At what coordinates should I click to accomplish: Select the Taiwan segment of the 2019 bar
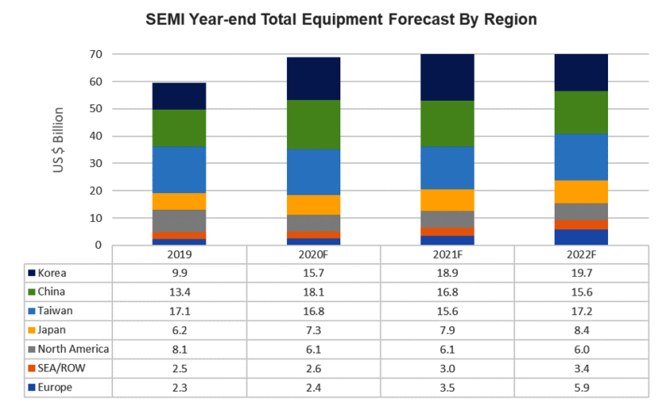[179, 170]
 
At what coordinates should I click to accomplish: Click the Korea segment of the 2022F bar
[581, 73]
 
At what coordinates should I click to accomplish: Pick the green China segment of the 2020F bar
[313, 124]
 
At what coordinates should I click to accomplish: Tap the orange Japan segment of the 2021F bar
[447, 199]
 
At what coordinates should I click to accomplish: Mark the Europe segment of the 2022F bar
[581, 237]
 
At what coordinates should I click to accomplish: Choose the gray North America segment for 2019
[179, 220]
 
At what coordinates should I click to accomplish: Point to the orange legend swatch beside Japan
[31, 329]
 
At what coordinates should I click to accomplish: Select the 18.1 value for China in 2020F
[313, 291]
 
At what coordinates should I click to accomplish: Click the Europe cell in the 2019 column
[179, 388]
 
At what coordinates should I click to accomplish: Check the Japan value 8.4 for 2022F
[581, 329]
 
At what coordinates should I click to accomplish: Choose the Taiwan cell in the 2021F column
[447, 311]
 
